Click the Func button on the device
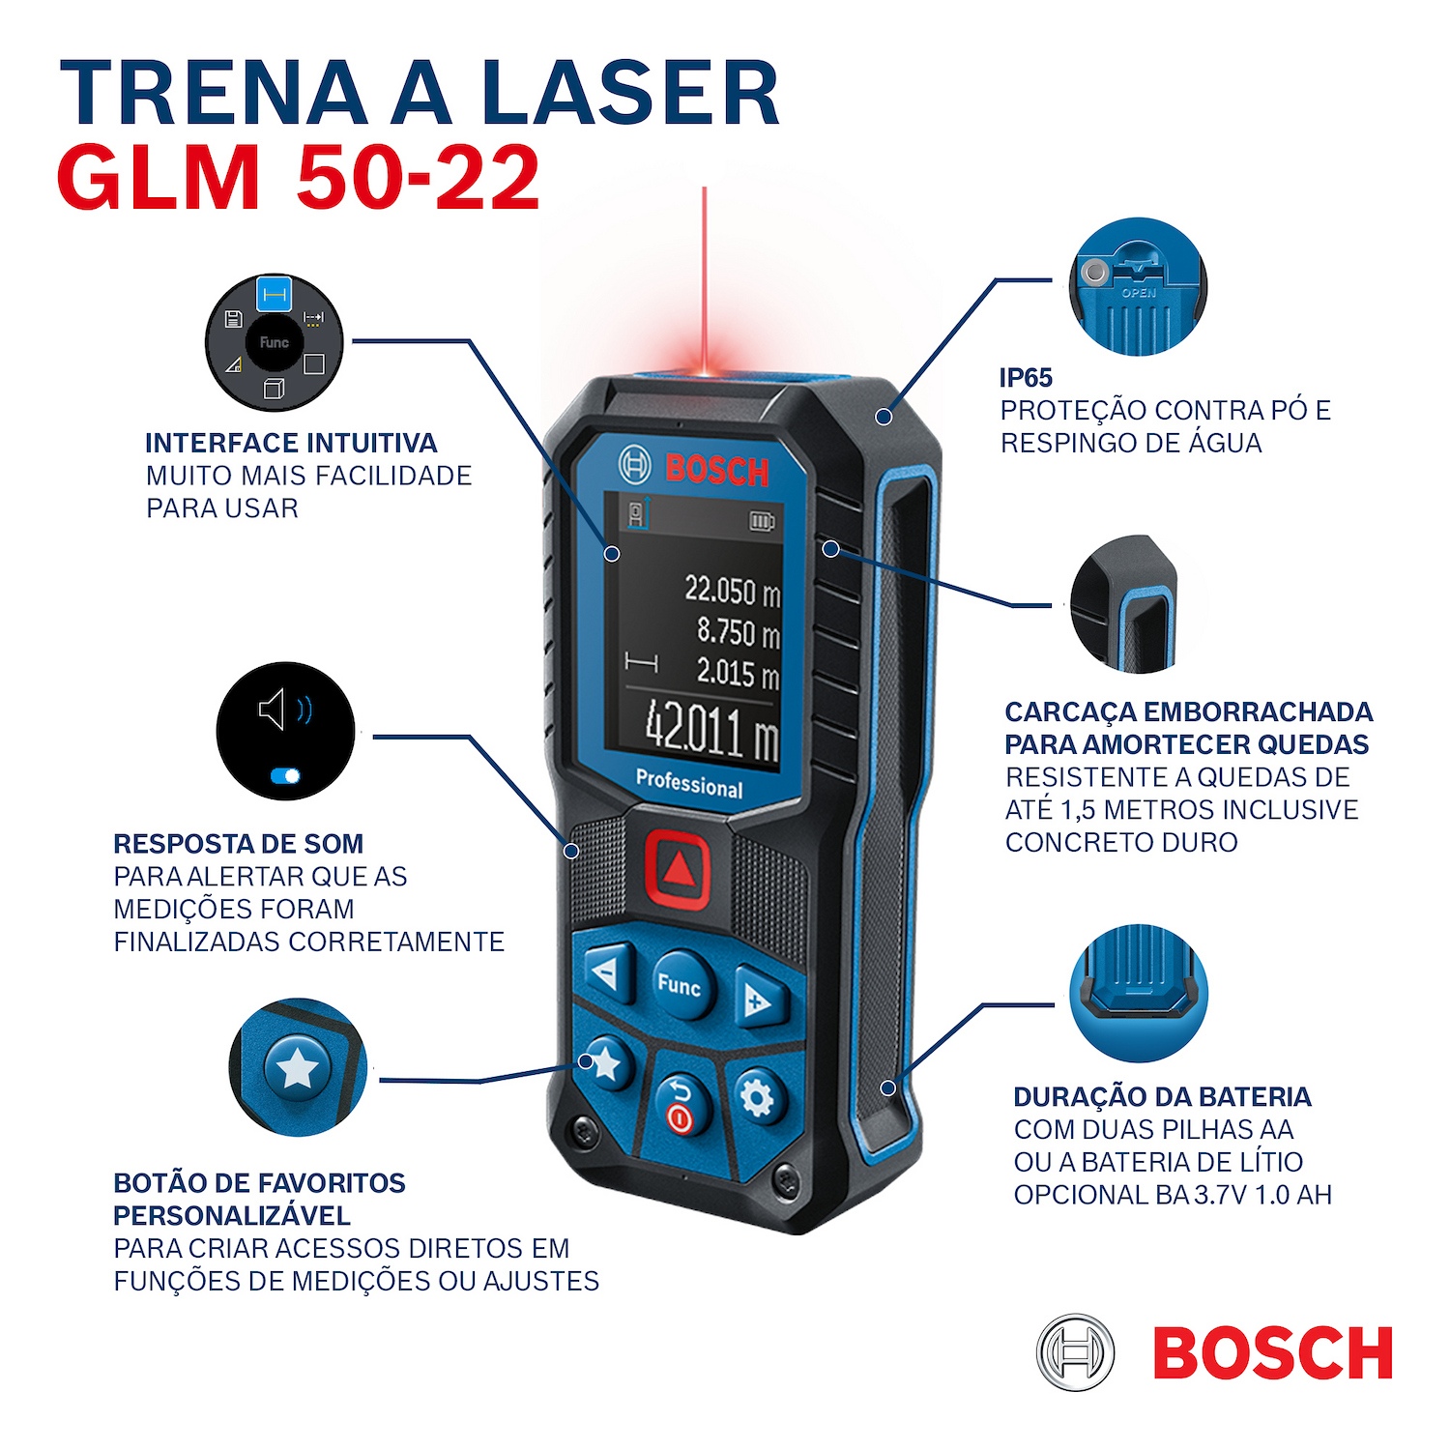(x=681, y=986)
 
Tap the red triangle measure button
(x=678, y=869)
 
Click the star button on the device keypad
(x=605, y=1063)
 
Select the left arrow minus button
(x=606, y=971)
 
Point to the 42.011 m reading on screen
(x=711, y=731)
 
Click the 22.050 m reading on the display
(x=732, y=590)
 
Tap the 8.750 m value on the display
(x=739, y=632)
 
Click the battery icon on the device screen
(x=763, y=522)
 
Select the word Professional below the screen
(x=689, y=783)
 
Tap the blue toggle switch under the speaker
(x=286, y=775)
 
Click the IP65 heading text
(x=1026, y=378)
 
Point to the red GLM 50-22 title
(x=298, y=177)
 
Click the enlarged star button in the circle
(x=298, y=1068)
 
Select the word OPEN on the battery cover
(x=1139, y=293)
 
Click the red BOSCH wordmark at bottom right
(x=1273, y=1352)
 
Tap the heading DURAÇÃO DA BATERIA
(x=1162, y=1097)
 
